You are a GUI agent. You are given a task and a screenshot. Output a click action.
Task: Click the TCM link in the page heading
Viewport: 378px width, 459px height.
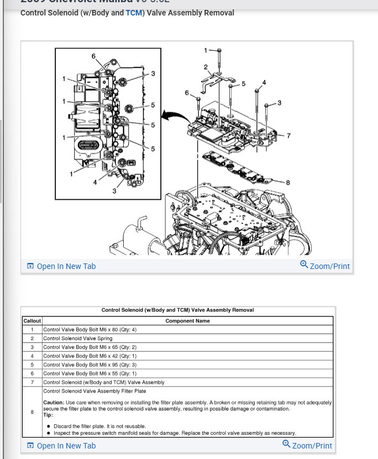pyautogui.click(x=134, y=13)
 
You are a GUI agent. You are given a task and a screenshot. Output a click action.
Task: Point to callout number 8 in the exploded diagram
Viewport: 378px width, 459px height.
pyautogui.click(x=287, y=182)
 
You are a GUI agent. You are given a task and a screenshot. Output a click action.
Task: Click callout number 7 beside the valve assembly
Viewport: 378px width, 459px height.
pyautogui.click(x=288, y=135)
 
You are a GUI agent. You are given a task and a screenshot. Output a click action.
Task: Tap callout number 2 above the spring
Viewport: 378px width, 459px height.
pyautogui.click(x=206, y=67)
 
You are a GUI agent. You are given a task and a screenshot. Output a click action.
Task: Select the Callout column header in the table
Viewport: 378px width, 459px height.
pyautogui.click(x=32, y=321)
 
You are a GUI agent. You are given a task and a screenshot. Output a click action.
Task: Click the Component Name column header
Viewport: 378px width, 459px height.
pyautogui.click(x=187, y=321)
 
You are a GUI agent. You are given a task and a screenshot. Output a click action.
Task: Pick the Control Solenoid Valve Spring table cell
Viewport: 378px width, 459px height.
pyautogui.click(x=78, y=338)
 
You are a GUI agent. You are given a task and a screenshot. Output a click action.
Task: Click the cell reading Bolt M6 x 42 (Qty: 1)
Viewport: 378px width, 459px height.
pyautogui.click(x=88, y=356)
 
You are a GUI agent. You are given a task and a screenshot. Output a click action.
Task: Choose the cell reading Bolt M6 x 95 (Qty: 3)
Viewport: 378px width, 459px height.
pyautogui.click(x=88, y=365)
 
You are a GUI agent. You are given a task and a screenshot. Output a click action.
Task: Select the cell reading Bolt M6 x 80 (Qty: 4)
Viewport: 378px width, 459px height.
pyautogui.click(x=88, y=329)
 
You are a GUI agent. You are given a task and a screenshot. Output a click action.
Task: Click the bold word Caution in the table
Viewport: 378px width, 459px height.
pyautogui.click(x=53, y=402)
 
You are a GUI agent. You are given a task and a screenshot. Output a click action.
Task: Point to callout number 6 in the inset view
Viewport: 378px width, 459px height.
pyautogui.click(x=93, y=56)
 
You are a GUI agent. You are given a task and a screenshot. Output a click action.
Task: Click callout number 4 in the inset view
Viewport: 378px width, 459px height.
pyautogui.click(x=95, y=182)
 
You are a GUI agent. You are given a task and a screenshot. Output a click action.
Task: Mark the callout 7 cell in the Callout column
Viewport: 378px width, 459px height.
pyautogui.click(x=32, y=382)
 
